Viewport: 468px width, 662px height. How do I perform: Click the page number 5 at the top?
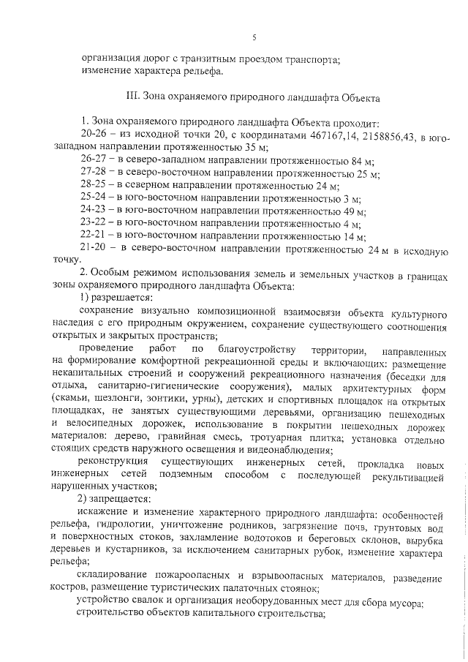tap(254, 37)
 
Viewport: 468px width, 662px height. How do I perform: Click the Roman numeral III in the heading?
tap(133, 96)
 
